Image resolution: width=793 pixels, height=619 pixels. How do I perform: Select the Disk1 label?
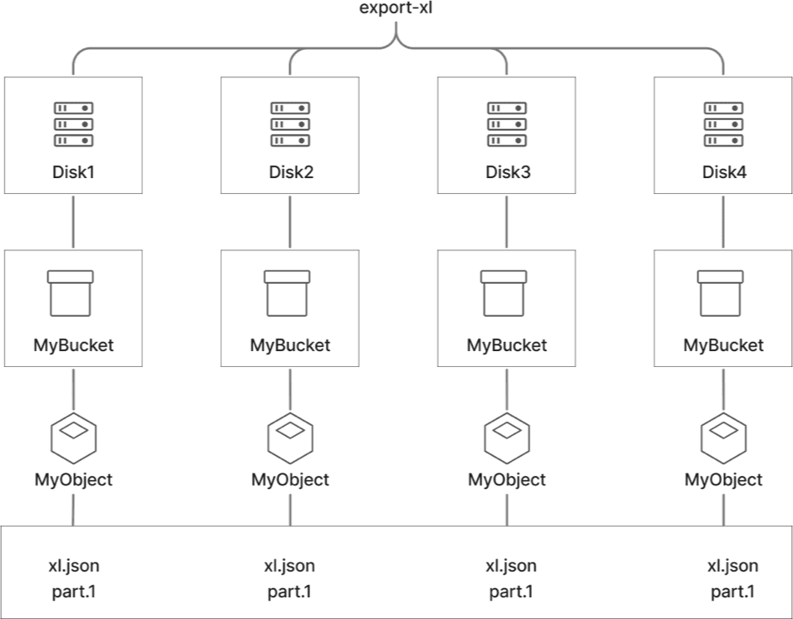(x=73, y=172)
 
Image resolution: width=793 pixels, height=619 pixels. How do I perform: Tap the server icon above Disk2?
(x=290, y=124)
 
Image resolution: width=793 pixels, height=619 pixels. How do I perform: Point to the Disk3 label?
(x=507, y=172)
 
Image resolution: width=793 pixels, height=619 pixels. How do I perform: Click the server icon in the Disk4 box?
(x=724, y=124)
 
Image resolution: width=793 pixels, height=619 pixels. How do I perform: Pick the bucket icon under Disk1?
(x=73, y=293)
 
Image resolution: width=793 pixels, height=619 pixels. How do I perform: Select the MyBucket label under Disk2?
(x=290, y=344)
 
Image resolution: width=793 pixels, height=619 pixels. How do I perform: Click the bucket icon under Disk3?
(x=507, y=293)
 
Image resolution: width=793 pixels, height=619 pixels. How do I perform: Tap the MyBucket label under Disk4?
(x=724, y=344)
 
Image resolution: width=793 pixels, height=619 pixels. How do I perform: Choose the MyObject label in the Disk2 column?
(x=290, y=480)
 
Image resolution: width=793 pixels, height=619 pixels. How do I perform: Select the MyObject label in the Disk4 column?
(x=724, y=480)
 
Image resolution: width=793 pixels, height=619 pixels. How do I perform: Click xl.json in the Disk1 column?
(x=73, y=567)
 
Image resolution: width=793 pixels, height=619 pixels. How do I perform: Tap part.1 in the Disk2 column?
(x=289, y=592)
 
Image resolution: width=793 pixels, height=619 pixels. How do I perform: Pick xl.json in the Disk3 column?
(x=510, y=567)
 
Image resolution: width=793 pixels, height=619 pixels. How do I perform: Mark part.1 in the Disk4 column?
(x=732, y=592)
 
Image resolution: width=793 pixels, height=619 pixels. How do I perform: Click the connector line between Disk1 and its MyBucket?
(x=73, y=222)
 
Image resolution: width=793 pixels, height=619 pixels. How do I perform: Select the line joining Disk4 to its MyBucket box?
(x=724, y=222)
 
